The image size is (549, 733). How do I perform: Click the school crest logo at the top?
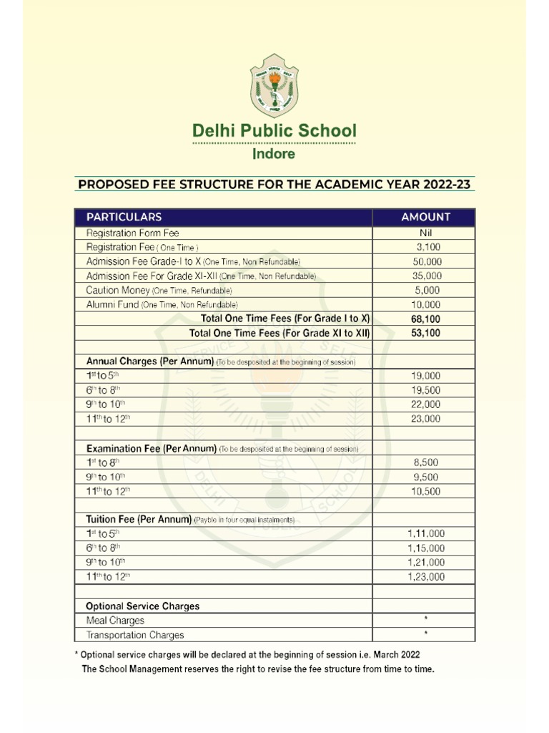coord(274,89)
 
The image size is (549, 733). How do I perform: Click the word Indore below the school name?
coord(274,154)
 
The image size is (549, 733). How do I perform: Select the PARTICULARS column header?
coord(124,217)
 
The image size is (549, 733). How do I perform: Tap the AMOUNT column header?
coord(425,217)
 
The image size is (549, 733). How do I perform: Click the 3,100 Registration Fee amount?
coord(428,247)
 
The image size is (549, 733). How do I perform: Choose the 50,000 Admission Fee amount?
coord(427,261)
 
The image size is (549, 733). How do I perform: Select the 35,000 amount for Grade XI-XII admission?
coord(427,276)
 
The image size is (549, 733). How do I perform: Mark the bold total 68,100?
coord(426,319)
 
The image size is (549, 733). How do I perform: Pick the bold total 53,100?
coord(426,333)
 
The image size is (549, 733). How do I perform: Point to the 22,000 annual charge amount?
coord(427,404)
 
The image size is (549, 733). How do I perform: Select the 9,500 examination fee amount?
coord(427,477)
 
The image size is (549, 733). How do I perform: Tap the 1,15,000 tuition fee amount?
coord(425,548)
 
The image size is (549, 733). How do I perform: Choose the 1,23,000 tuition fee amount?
coord(425,577)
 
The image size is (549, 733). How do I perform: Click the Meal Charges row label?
coord(115,621)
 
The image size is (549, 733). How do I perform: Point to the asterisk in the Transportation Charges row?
coord(426,634)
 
